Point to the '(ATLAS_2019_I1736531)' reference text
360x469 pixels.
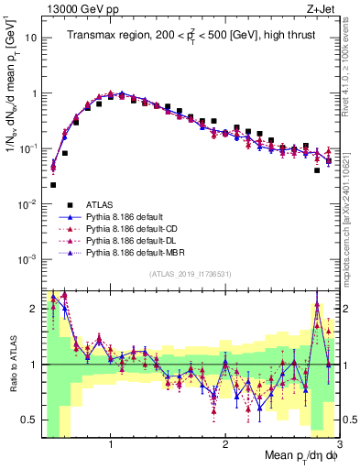(x=190, y=274)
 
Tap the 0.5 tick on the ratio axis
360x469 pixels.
(x=28, y=420)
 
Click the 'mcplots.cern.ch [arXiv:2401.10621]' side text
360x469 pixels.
(x=353, y=211)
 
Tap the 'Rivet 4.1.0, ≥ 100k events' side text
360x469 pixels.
(x=353, y=78)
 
